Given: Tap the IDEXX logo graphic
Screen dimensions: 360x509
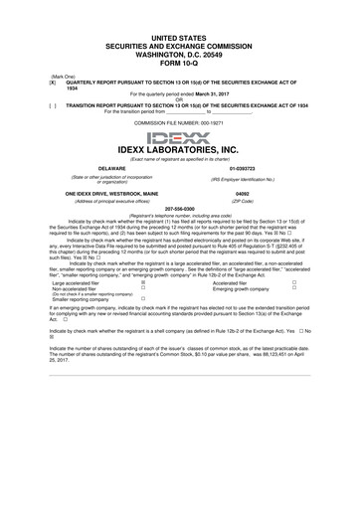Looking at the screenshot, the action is click(x=179, y=136).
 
